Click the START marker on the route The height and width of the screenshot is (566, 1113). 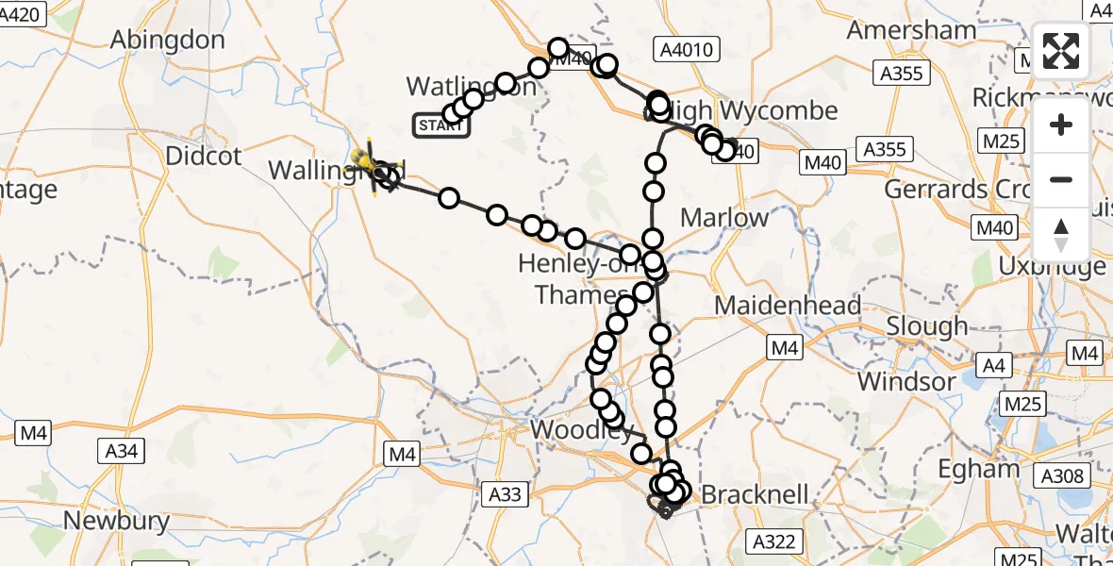click(x=440, y=125)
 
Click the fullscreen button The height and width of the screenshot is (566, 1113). click(x=1061, y=51)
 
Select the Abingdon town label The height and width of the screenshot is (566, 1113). click(x=168, y=40)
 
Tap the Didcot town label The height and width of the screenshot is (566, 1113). click(x=204, y=156)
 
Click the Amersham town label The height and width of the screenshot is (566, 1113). click(x=911, y=30)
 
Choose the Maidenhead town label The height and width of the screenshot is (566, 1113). click(x=788, y=306)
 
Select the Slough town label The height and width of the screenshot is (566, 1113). click(x=927, y=327)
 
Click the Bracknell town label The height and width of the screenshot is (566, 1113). click(x=756, y=494)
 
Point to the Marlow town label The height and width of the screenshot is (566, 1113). click(x=724, y=218)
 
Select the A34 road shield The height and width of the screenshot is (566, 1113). click(x=122, y=452)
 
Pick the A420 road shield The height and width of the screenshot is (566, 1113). click(x=22, y=14)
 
